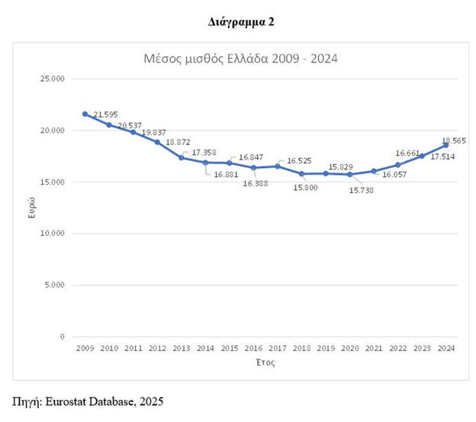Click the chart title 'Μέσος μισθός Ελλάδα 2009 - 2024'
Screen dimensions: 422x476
click(241, 58)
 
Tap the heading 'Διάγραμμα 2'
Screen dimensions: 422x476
click(241, 21)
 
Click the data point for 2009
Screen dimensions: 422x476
click(85, 114)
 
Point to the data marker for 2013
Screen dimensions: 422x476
click(182, 157)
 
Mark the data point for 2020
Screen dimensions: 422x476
click(350, 174)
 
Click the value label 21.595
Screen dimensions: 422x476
click(105, 115)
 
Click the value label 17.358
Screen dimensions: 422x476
click(204, 153)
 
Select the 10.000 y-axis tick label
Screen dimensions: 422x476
click(55, 234)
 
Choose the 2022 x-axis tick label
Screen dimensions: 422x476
click(398, 348)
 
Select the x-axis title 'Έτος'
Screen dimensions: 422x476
click(265, 362)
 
